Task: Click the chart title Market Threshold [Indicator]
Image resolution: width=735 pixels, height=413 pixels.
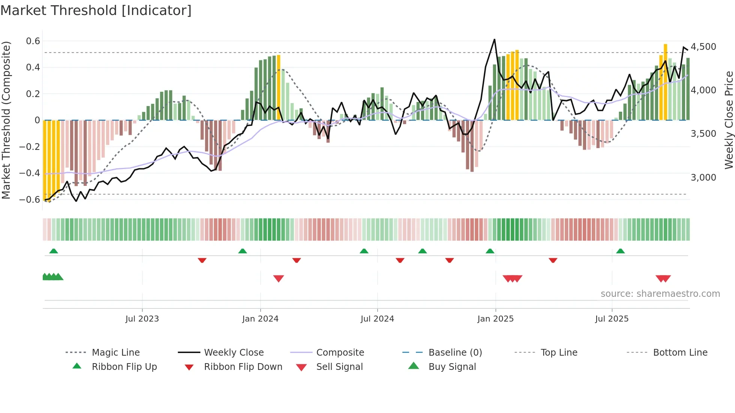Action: click(x=96, y=10)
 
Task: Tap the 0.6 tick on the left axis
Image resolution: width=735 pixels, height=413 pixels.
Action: click(x=33, y=41)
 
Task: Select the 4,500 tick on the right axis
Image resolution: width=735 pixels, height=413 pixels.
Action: click(x=703, y=47)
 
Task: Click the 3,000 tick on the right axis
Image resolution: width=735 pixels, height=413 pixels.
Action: click(x=703, y=177)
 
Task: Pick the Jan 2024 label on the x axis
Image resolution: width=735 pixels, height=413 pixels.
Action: click(x=260, y=319)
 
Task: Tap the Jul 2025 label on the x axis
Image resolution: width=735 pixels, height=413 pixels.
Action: click(x=612, y=319)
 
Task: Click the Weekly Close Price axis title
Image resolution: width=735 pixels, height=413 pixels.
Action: click(x=729, y=120)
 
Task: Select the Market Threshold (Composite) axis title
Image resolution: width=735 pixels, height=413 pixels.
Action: click(x=6, y=120)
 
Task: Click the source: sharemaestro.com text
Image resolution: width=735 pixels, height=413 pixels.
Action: click(x=660, y=294)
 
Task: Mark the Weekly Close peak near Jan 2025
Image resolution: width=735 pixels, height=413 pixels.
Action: click(x=495, y=39)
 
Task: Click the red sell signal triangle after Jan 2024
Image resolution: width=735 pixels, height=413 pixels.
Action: click(x=279, y=278)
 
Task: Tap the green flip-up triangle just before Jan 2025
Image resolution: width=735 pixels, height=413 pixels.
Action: click(x=490, y=251)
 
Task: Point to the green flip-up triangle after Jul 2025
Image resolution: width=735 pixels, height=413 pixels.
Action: click(x=620, y=251)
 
